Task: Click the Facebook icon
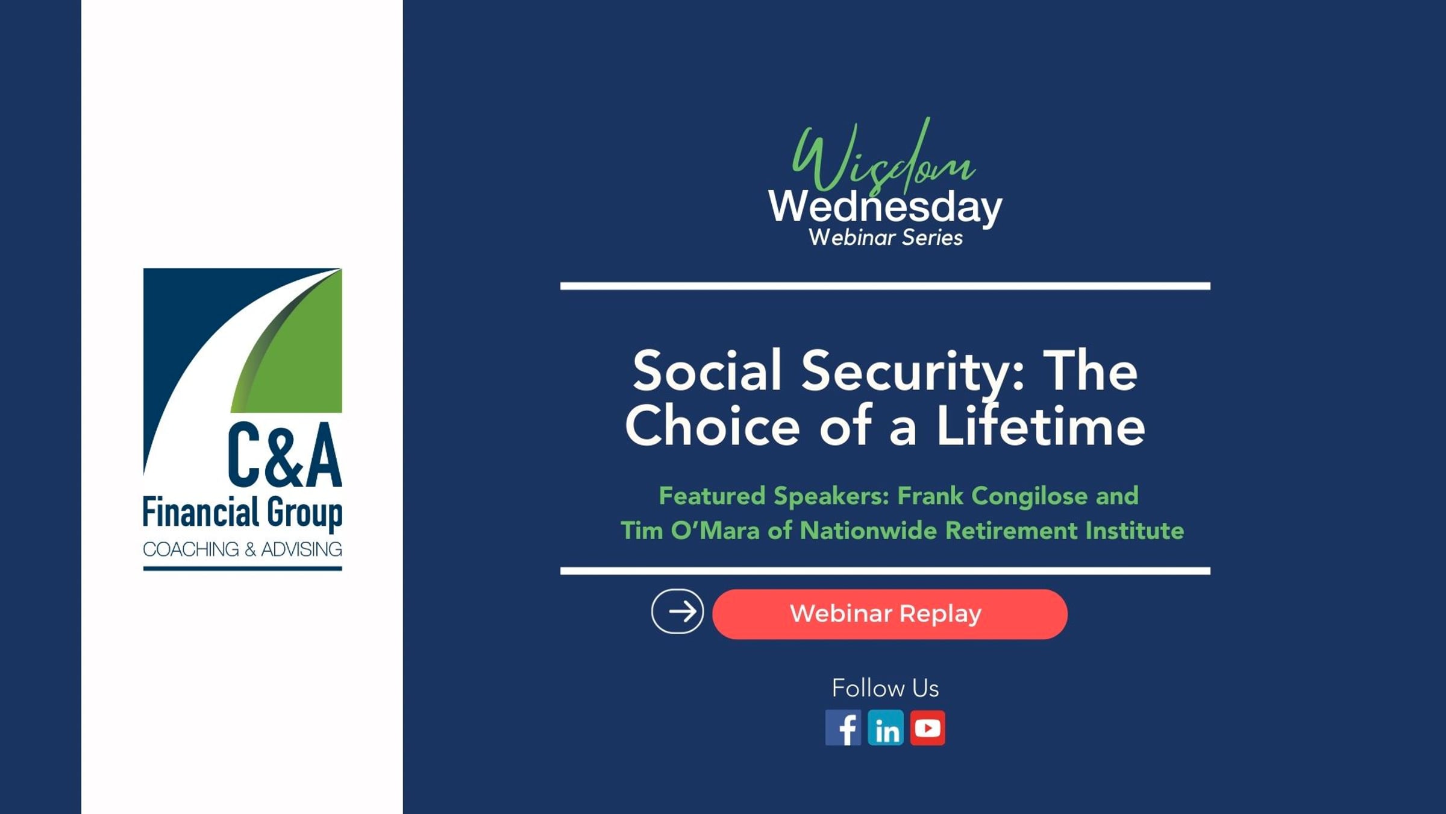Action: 843,728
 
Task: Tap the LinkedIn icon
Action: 885,728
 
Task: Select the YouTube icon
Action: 927,728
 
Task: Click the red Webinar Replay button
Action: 889,614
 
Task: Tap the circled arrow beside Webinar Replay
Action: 677,611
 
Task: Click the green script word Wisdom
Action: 883,157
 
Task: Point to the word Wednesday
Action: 885,207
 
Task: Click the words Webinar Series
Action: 885,238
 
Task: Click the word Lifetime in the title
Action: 1041,425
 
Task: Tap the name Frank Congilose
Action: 993,496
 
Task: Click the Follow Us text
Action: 885,688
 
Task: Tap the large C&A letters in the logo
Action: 285,455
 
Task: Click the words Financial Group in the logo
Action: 243,513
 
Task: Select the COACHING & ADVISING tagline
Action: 243,549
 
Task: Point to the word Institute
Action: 1135,531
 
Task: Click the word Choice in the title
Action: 713,425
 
